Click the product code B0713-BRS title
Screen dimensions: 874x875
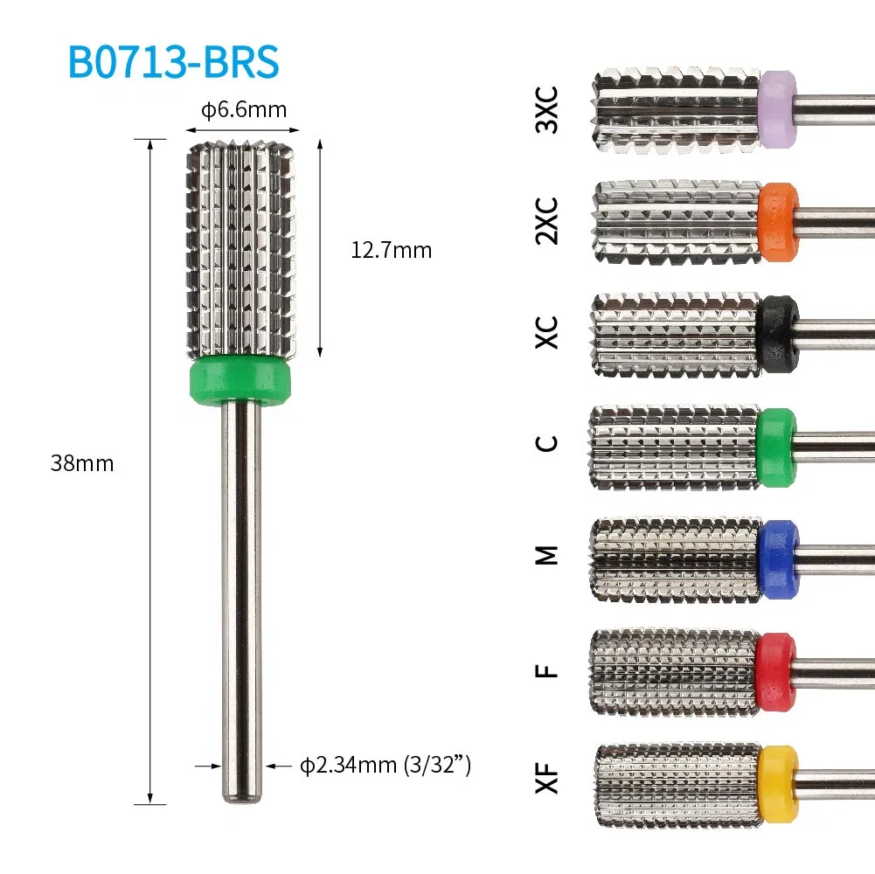tap(174, 62)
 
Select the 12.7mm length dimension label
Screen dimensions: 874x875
tap(391, 251)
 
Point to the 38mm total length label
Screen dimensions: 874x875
tap(82, 463)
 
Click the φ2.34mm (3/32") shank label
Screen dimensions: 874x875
tap(385, 766)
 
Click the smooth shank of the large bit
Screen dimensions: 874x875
tap(240, 594)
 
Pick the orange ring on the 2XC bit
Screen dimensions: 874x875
tap(778, 222)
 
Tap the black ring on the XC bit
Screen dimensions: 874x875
tap(777, 335)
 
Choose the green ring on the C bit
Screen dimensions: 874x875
tap(777, 447)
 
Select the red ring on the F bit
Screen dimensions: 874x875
tap(777, 671)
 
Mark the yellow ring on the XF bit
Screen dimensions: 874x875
tap(777, 784)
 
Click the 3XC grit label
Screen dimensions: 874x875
tap(546, 110)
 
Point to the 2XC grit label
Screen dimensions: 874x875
tap(546, 221)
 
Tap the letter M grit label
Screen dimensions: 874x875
tap(546, 554)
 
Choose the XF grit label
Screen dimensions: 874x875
tap(546, 776)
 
